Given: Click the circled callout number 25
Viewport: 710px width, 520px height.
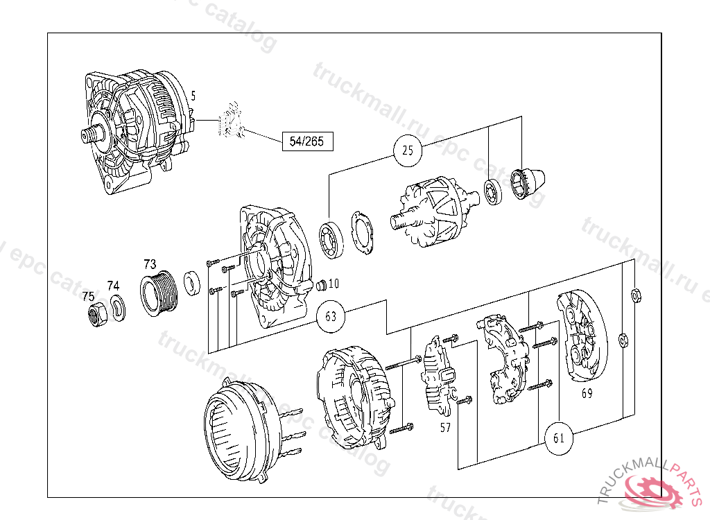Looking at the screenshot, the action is (x=408, y=150).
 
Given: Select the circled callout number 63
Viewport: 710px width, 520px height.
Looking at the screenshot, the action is (x=331, y=317).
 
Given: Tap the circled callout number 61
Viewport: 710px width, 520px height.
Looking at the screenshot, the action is (x=560, y=438).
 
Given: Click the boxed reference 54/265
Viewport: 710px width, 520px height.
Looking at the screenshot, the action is (x=307, y=142).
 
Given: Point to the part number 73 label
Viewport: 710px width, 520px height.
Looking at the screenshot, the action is (x=150, y=264).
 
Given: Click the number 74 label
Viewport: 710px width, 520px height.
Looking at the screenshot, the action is (x=113, y=285).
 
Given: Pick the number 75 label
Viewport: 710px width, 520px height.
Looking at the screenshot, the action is (x=88, y=296).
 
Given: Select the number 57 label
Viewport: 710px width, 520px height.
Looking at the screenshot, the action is (x=445, y=428).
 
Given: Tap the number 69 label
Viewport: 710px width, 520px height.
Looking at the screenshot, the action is (x=587, y=394).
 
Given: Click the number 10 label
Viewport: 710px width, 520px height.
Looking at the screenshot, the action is (x=334, y=283).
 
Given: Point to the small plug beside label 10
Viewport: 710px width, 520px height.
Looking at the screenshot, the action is (x=320, y=286).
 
